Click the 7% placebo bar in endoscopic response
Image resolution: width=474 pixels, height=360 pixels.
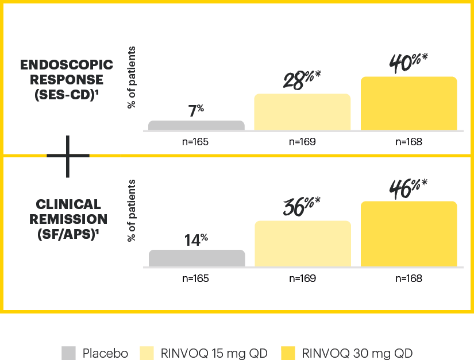[196, 125]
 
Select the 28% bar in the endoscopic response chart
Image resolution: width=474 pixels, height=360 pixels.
[302, 112]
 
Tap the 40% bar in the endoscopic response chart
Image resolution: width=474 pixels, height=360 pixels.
[409, 103]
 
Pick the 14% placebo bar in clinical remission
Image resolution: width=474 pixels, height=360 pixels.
[196, 258]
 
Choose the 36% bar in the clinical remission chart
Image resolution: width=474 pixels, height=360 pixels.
[302, 243]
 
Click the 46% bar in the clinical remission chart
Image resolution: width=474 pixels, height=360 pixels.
[409, 234]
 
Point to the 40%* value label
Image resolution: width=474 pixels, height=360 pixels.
[409, 62]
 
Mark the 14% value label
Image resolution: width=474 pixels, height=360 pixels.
[196, 239]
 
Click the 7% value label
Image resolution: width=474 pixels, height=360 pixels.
[196, 110]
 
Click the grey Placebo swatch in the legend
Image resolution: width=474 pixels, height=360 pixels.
[68, 353]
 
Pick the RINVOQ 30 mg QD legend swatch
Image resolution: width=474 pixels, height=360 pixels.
[290, 353]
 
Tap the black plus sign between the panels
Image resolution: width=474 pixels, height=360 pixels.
[68, 156]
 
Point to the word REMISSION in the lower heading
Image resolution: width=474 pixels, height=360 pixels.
[68, 219]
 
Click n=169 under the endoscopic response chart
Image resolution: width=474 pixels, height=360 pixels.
[302, 142]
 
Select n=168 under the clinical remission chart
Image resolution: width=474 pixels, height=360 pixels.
[409, 278]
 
